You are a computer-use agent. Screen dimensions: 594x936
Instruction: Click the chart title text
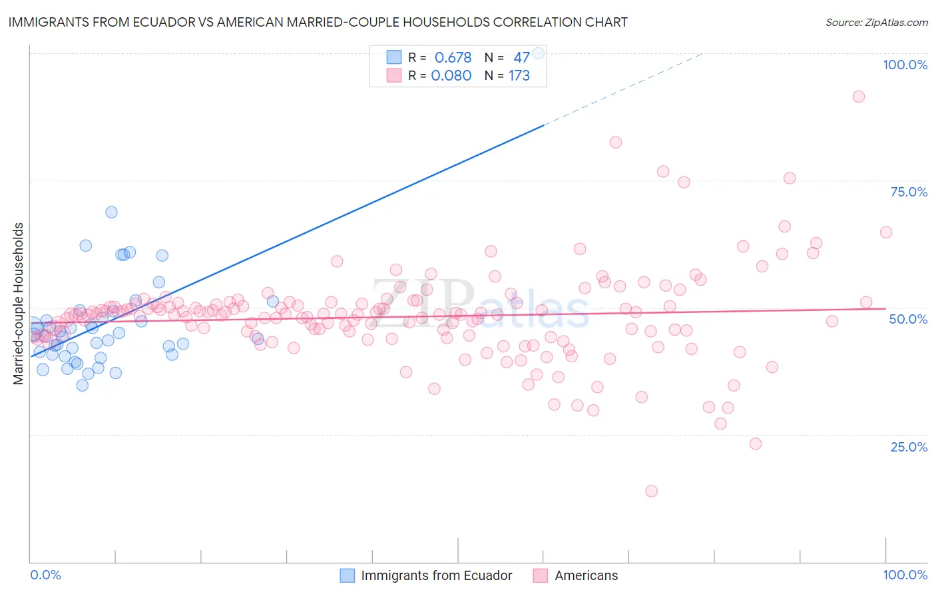click(318, 22)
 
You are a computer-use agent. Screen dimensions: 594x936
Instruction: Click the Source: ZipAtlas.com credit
click(876, 22)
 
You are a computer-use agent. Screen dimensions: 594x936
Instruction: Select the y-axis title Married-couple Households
click(19, 303)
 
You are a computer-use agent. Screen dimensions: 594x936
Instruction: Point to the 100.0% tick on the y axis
click(905, 65)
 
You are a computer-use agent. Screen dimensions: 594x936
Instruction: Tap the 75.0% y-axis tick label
click(909, 192)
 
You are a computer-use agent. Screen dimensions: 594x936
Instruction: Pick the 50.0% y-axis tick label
click(908, 319)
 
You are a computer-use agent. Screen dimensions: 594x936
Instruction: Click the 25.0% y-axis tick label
click(909, 447)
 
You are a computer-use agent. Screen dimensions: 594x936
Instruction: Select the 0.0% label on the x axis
click(45, 575)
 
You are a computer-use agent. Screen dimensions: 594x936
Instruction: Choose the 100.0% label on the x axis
click(905, 575)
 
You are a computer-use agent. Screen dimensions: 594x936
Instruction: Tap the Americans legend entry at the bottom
click(586, 575)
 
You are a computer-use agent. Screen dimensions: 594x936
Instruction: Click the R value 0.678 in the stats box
click(453, 57)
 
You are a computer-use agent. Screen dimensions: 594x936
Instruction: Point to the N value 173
click(519, 76)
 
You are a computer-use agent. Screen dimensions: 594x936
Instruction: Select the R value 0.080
click(451, 76)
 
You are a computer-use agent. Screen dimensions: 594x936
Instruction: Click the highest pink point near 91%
click(859, 97)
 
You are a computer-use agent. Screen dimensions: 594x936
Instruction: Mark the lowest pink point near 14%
click(651, 491)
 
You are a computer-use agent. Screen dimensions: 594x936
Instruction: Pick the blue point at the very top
click(539, 53)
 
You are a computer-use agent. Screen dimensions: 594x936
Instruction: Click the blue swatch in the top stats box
click(394, 57)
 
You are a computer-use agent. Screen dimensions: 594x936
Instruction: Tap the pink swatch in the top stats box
click(394, 76)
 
